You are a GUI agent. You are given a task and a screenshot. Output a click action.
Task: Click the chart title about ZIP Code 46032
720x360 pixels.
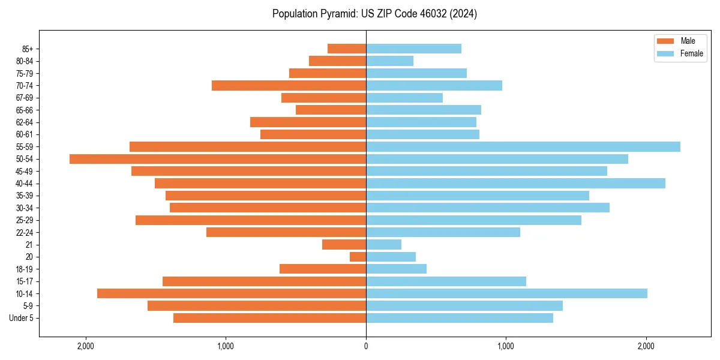tap(374, 14)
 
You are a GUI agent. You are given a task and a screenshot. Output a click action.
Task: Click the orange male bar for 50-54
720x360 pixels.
tap(218, 159)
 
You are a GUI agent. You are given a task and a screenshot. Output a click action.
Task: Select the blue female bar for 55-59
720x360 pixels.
tap(523, 147)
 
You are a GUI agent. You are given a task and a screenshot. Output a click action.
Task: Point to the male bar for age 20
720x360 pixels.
tap(358, 257)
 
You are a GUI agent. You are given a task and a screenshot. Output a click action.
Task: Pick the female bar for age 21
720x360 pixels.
tap(384, 245)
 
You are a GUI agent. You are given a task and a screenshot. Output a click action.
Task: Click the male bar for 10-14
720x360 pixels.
tap(232, 293)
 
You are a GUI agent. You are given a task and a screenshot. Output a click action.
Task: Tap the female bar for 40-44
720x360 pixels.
tap(515, 184)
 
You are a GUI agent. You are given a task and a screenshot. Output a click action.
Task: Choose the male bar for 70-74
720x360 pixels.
tap(289, 86)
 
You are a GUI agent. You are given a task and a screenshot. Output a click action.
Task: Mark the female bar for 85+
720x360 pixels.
tap(413, 49)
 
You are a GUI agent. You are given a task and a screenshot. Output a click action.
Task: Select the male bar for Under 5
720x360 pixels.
tap(269, 318)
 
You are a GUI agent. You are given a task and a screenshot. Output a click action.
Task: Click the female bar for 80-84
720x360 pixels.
tap(389, 61)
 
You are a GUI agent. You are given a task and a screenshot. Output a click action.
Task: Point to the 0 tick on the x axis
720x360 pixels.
tap(366, 346)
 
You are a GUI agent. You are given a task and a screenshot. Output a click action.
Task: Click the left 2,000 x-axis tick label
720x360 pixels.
tap(86, 346)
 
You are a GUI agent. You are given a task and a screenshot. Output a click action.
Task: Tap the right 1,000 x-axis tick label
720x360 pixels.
tap(506, 346)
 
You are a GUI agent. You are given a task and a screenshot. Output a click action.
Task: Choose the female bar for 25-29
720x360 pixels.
tap(473, 220)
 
